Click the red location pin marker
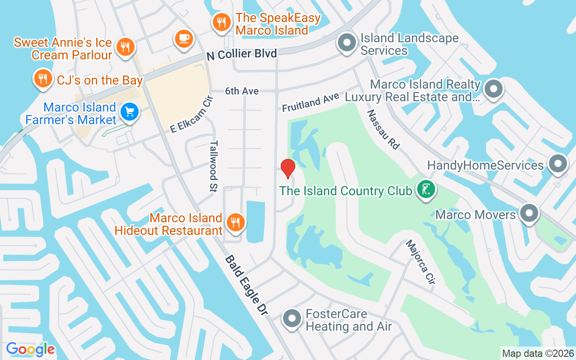pos(288,169)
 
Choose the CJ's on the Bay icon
pos(43,79)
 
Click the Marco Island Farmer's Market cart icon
pos(130,112)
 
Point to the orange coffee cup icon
pos(184,38)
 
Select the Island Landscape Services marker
pos(347,44)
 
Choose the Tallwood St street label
pos(214,166)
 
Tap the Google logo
pos(30,349)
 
